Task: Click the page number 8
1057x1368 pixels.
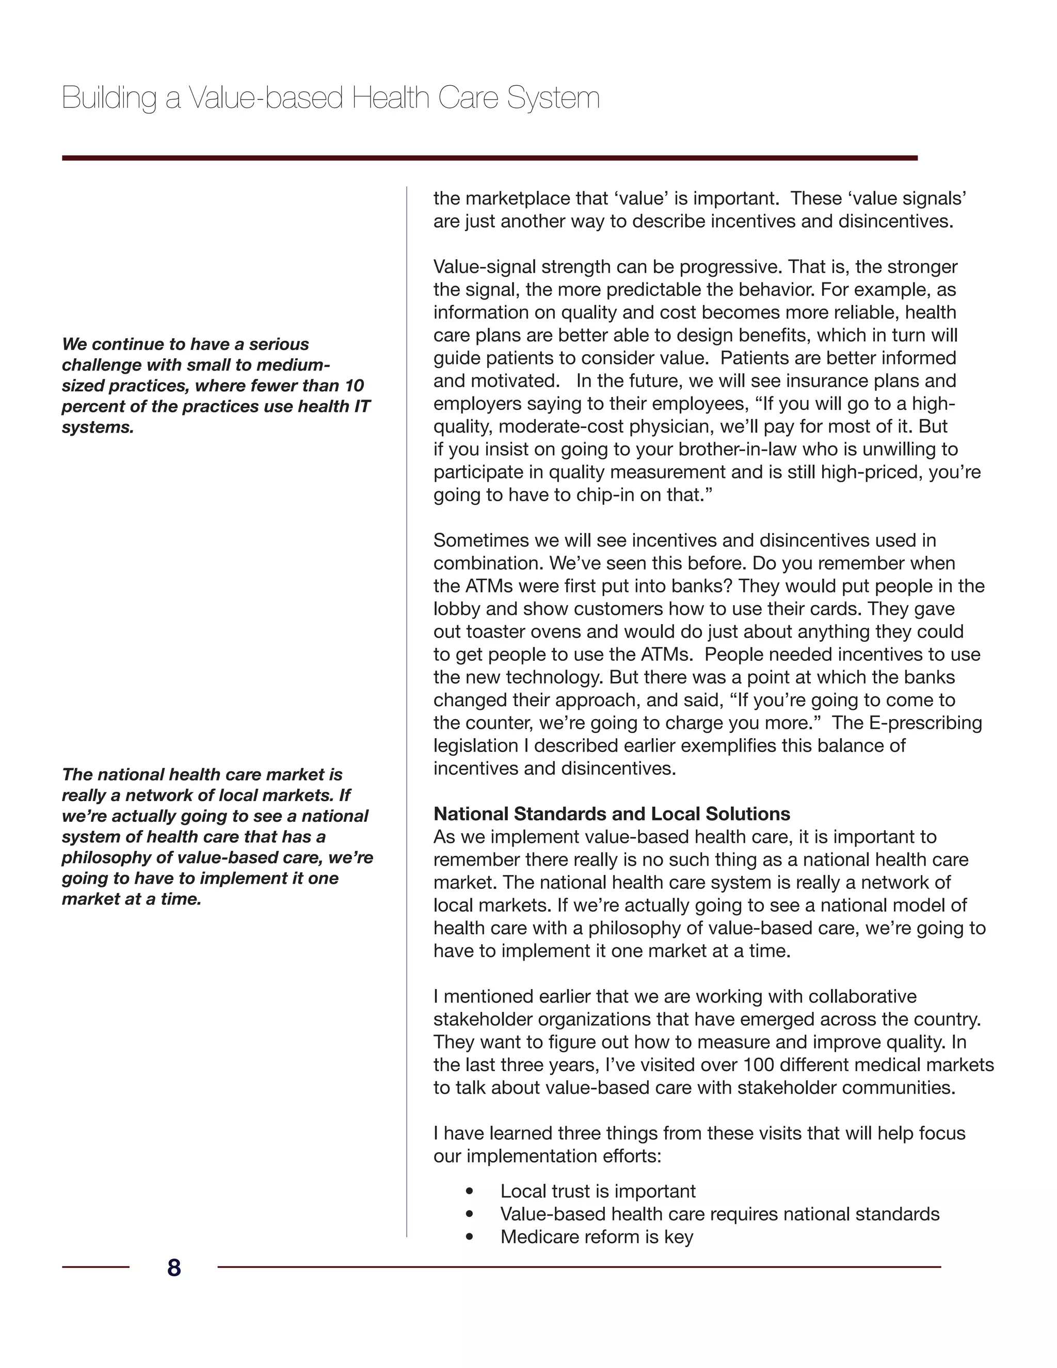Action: pyautogui.click(x=173, y=1268)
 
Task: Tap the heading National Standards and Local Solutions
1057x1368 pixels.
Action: pyautogui.click(x=611, y=814)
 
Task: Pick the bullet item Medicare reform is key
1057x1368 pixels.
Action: pyautogui.click(x=596, y=1236)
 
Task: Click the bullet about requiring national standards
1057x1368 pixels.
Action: pyautogui.click(x=719, y=1214)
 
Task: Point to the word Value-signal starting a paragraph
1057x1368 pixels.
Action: pyautogui.click(x=485, y=267)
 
